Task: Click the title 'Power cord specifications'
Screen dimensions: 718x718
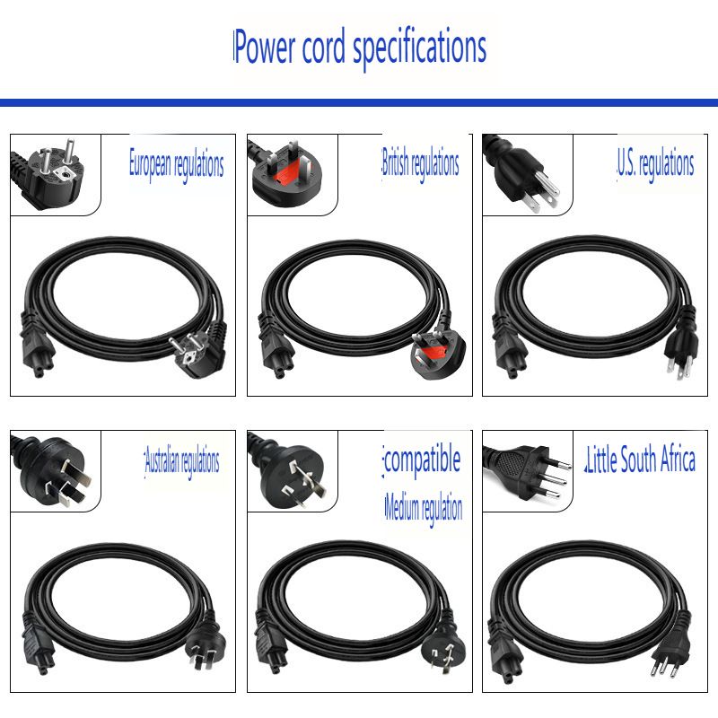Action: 360,48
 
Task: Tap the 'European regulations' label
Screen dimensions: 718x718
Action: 176,164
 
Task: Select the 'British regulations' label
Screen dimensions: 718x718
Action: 420,163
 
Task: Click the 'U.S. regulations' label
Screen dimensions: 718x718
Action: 655,163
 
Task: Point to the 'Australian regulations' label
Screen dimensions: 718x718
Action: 182,461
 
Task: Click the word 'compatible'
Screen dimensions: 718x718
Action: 422,460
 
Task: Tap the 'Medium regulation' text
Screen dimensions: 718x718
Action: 424,508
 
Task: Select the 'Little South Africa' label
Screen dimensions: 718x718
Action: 641,460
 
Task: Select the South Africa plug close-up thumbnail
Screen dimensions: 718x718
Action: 528,471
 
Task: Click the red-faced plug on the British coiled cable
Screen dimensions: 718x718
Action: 436,354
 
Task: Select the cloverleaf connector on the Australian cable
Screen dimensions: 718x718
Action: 38,646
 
